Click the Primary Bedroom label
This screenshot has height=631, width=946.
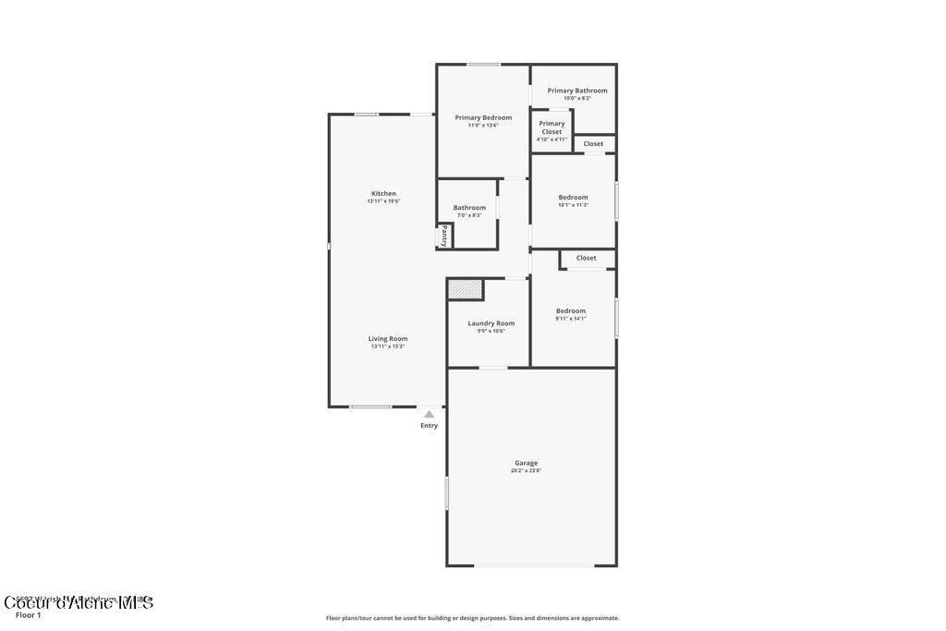click(483, 117)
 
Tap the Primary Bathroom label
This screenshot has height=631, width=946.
click(577, 91)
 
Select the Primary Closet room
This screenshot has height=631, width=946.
click(552, 130)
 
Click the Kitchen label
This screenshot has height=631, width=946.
click(383, 193)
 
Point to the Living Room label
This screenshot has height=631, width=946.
click(388, 338)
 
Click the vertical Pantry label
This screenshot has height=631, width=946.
click(444, 236)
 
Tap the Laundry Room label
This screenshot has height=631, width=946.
click(491, 323)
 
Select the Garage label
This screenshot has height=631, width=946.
click(526, 463)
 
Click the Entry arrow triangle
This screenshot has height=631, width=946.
click(429, 415)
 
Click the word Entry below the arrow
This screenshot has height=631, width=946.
click(429, 426)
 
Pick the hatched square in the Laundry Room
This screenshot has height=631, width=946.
click(465, 289)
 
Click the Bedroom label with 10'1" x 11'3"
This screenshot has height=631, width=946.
click(573, 197)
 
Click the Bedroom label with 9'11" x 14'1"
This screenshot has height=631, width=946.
click(570, 310)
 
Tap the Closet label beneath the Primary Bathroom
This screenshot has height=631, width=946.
click(593, 143)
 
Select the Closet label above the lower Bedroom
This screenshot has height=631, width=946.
click(586, 258)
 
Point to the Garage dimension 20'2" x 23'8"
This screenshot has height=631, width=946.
click(526, 471)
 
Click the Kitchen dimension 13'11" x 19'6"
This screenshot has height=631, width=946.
click(383, 201)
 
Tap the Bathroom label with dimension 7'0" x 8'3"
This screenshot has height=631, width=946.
click(469, 208)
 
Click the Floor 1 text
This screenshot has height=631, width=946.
click(29, 614)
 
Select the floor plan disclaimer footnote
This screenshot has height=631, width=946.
click(472, 618)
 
